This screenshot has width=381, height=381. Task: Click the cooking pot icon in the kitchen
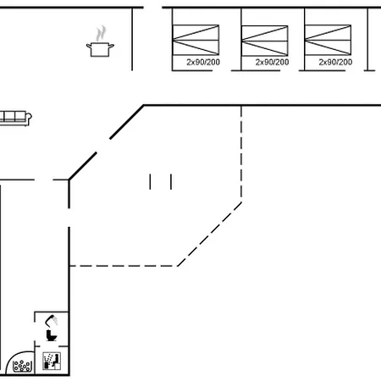pos(100,49)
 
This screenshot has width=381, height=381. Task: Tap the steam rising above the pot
pos(101,33)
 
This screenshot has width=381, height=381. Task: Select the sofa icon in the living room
pos(15,118)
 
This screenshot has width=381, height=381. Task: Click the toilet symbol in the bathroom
pos(52,335)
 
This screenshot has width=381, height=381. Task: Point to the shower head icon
pos(51,321)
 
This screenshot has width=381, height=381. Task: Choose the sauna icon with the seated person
pos(52,361)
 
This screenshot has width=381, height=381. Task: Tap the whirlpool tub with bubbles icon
pos(22,366)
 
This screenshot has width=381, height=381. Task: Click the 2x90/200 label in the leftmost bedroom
pos(203,62)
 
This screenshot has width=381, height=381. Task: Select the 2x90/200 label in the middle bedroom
pos(272,62)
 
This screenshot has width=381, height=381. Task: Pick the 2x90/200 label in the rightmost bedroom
pos(335,62)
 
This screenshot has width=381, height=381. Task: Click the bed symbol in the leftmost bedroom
pos(196,40)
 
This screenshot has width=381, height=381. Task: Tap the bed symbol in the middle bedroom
pos(265,41)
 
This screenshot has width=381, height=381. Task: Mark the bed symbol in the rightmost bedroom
pos(328,40)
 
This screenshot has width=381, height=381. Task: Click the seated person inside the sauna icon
pos(56,361)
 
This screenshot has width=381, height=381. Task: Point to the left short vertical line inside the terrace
pos(150,182)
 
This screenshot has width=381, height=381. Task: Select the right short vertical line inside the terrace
pos(171,182)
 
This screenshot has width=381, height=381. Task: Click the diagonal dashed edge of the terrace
pos(209,234)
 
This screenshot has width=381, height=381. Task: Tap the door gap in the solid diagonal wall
pos(103,146)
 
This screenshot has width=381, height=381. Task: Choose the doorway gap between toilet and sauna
pos(52,346)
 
